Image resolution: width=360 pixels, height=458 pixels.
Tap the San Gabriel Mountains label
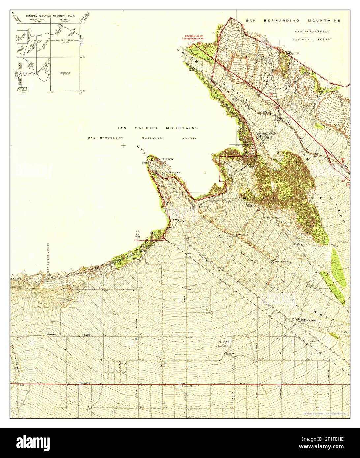157,128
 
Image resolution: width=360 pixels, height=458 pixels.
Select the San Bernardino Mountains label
293,20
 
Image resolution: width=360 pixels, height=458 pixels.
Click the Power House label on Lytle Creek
166,159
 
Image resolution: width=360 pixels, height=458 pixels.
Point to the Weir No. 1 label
175,173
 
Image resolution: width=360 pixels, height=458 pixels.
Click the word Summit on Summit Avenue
51,335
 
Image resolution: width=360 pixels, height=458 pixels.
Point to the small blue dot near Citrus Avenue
136,339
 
